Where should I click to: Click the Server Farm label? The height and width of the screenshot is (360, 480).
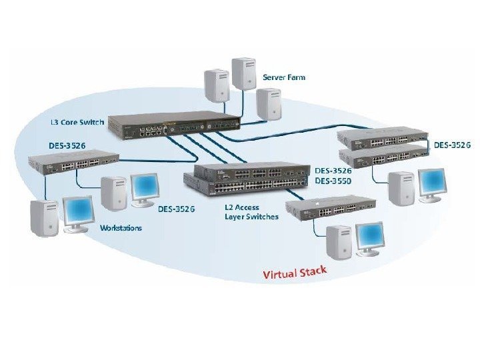(283, 77)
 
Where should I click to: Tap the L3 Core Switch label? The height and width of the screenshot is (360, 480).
(77, 123)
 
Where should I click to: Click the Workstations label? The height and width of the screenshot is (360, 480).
(121, 228)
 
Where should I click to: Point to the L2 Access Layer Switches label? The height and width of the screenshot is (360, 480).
(251, 212)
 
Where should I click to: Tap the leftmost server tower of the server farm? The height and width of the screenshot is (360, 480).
(216, 85)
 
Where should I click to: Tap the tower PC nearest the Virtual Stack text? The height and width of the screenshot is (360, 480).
(338, 242)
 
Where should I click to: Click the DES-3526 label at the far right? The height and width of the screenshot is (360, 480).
(453, 145)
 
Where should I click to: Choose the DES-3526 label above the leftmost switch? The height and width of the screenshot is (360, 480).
(67, 145)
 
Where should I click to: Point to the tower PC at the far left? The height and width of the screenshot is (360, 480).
(45, 218)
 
